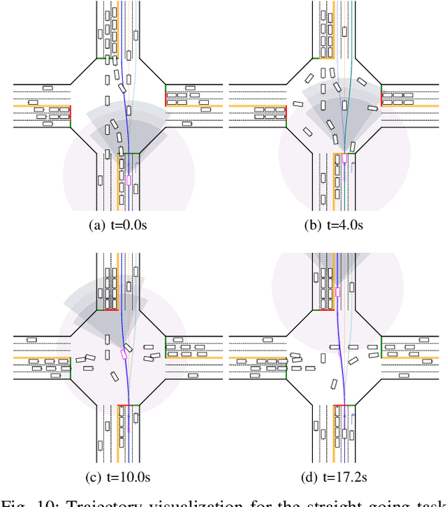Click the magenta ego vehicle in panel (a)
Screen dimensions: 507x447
pos(129,180)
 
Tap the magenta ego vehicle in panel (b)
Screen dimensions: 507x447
pos(344,159)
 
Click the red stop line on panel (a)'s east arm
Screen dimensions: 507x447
pos(166,96)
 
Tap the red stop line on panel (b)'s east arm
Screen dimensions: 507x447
pos(381,96)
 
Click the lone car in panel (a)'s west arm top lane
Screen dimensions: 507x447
pos(47,88)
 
